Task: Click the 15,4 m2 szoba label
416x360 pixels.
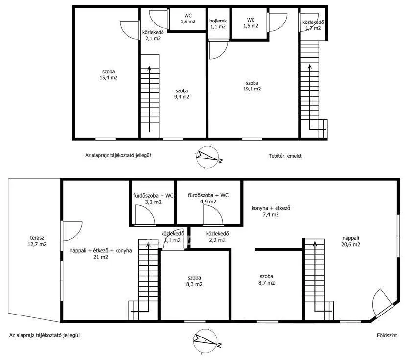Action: pos(109,74)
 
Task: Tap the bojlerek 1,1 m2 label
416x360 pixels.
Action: pos(218,24)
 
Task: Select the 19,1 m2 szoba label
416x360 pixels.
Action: pos(253,86)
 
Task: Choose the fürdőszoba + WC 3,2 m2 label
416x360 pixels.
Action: pos(153,199)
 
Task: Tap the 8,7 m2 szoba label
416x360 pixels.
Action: pos(267,279)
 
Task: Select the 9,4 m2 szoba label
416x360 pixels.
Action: pos(182,93)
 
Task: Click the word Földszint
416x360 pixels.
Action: pos(387,336)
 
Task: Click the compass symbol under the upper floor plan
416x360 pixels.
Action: pos(208,157)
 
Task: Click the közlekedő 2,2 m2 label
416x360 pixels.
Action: pos(216,237)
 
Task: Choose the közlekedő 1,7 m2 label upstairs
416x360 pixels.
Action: pos(313,25)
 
